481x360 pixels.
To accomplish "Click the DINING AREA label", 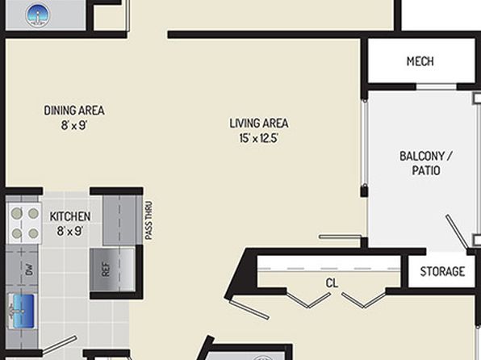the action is [x=74, y=111].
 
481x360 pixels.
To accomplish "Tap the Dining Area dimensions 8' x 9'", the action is [x=74, y=125].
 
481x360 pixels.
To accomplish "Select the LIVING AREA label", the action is [x=259, y=123].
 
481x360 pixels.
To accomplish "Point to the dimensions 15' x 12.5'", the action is [x=258, y=138].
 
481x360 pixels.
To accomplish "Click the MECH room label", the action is [x=420, y=61].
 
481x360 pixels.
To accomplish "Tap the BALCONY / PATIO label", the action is [x=426, y=163].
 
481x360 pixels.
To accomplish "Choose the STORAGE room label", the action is [x=442, y=271].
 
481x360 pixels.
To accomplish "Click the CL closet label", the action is [x=332, y=283].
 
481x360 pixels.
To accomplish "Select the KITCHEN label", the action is [x=70, y=216].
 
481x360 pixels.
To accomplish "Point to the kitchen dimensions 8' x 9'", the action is [x=70, y=231].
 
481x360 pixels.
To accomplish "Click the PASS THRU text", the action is [x=148, y=220].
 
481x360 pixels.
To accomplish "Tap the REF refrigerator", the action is [x=112, y=270].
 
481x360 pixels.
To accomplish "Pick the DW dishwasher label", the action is [x=29, y=270].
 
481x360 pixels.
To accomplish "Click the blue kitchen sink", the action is [x=21, y=311].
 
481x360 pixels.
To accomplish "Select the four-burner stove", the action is [x=24, y=224].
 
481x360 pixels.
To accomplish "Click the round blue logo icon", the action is [x=37, y=15].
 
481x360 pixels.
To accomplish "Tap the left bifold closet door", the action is [x=308, y=300].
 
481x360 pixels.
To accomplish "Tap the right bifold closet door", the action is [x=364, y=300].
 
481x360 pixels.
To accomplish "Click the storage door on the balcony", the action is [x=457, y=232].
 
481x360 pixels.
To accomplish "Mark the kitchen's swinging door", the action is [x=59, y=345].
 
